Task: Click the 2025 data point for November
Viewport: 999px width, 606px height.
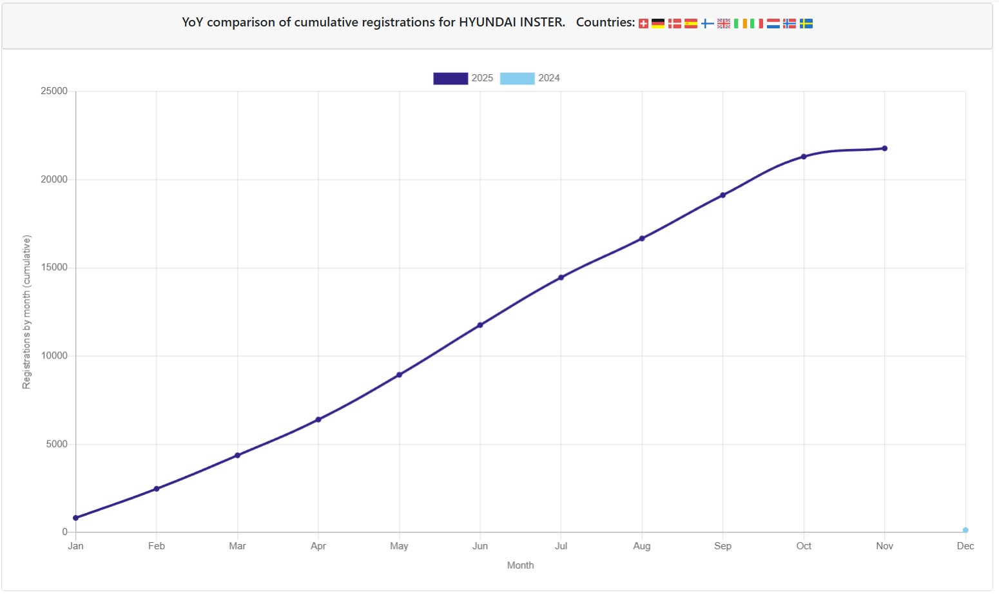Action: click(x=884, y=148)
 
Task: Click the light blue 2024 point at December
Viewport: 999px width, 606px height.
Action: click(x=965, y=530)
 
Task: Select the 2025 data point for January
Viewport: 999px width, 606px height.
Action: click(x=76, y=518)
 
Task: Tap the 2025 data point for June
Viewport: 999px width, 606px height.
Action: click(x=480, y=325)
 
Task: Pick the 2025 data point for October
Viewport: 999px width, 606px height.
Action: click(x=804, y=157)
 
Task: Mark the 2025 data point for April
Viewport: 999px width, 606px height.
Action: click(x=318, y=420)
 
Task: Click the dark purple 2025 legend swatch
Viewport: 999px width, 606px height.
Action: click(x=451, y=79)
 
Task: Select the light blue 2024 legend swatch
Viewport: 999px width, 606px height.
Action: click(x=518, y=79)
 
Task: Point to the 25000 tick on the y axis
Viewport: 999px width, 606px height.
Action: click(x=54, y=91)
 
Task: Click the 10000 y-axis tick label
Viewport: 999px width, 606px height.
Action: click(x=54, y=356)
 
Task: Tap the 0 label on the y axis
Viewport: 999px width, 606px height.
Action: click(x=64, y=531)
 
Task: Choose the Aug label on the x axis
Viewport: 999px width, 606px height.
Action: click(x=642, y=546)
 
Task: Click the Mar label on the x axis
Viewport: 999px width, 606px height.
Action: click(x=237, y=546)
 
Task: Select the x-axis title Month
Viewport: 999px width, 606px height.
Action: click(x=521, y=565)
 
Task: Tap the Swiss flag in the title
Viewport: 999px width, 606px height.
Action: click(x=643, y=23)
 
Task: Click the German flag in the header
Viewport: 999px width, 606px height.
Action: click(x=658, y=23)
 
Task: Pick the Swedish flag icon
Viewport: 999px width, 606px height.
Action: click(x=806, y=23)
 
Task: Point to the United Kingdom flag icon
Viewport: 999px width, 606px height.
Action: click(x=724, y=23)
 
